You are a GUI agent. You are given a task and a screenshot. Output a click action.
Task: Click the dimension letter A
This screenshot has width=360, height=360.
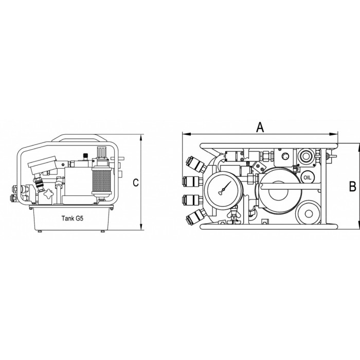260,127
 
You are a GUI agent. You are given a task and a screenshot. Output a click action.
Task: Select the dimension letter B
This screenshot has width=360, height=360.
352,186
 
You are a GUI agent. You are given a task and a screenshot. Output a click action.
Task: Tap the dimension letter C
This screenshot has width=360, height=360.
136,183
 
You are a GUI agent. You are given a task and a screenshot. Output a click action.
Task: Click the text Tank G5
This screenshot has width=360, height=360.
73,218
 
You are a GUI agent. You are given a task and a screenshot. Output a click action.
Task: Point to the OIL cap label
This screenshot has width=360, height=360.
307,177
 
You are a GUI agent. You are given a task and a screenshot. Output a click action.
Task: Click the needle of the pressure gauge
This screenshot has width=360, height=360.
225,188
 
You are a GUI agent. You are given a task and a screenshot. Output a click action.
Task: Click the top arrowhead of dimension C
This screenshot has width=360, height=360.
141,138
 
